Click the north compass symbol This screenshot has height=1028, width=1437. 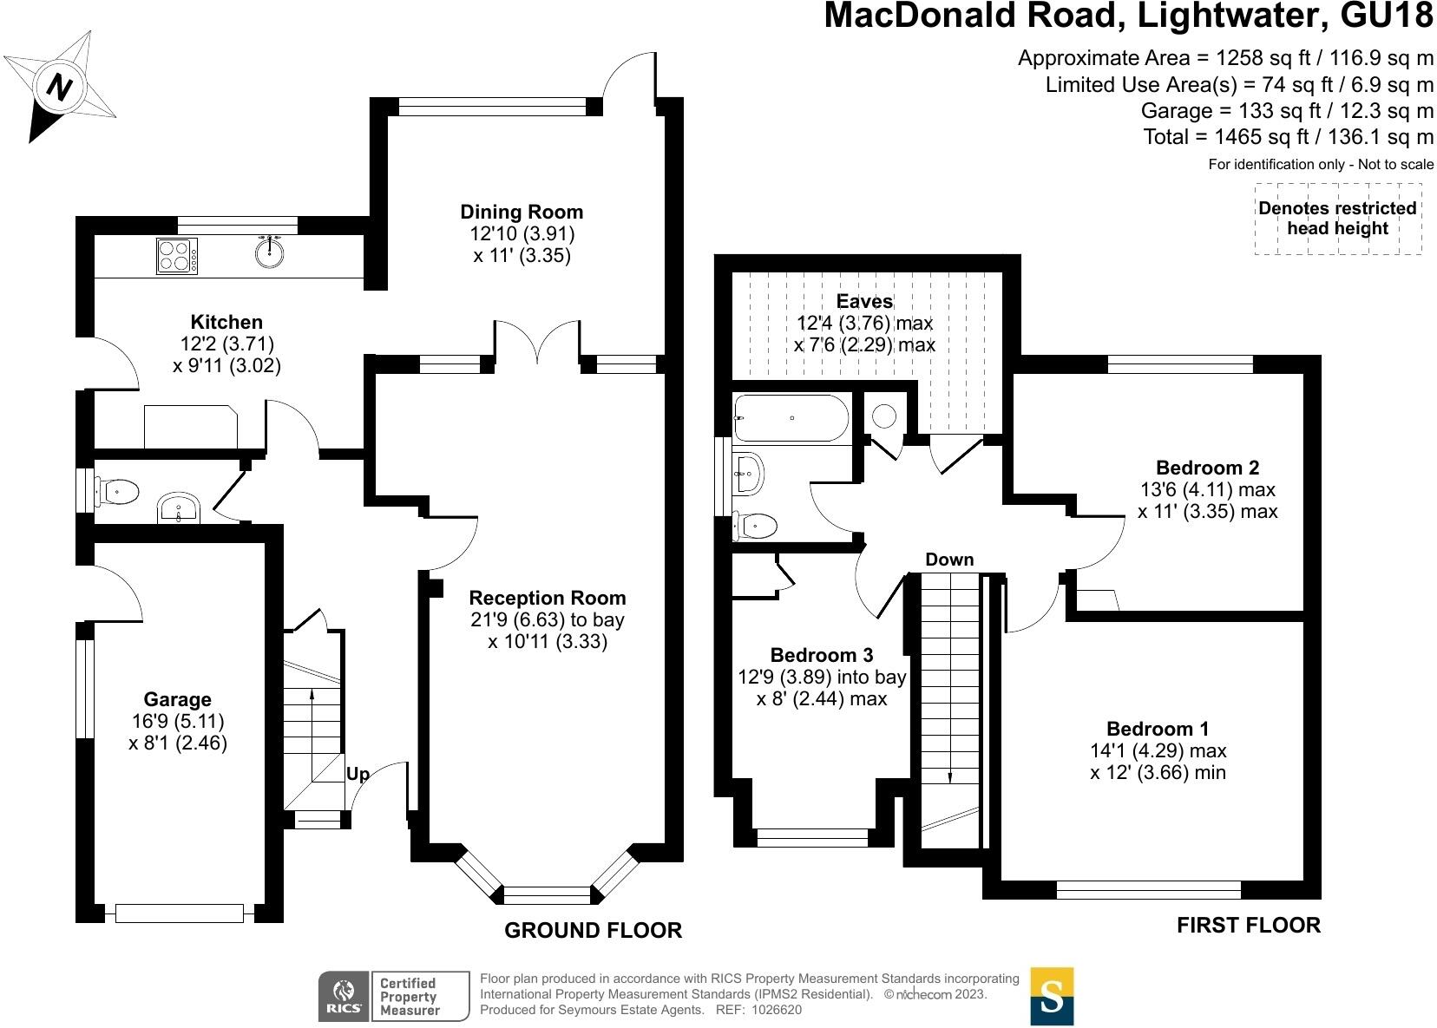point(61,85)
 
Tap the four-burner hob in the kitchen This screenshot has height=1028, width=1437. point(176,256)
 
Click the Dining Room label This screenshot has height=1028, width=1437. point(522,212)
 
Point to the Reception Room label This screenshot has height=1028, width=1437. point(547,598)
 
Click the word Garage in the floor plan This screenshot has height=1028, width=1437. point(177,699)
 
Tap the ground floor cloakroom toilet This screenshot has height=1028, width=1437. point(118,492)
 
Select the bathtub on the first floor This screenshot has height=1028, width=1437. point(791,419)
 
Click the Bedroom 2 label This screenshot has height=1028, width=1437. point(1207,468)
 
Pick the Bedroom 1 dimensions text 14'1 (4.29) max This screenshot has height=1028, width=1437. point(1158,750)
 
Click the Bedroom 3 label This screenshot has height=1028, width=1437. point(821,655)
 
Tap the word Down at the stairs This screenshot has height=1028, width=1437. point(948,560)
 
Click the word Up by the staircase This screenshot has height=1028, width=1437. point(358,774)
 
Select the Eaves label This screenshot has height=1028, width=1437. point(864,301)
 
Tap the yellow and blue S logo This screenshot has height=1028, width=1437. point(1052,996)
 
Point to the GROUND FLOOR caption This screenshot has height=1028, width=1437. point(593,930)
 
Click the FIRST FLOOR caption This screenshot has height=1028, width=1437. point(1248,925)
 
